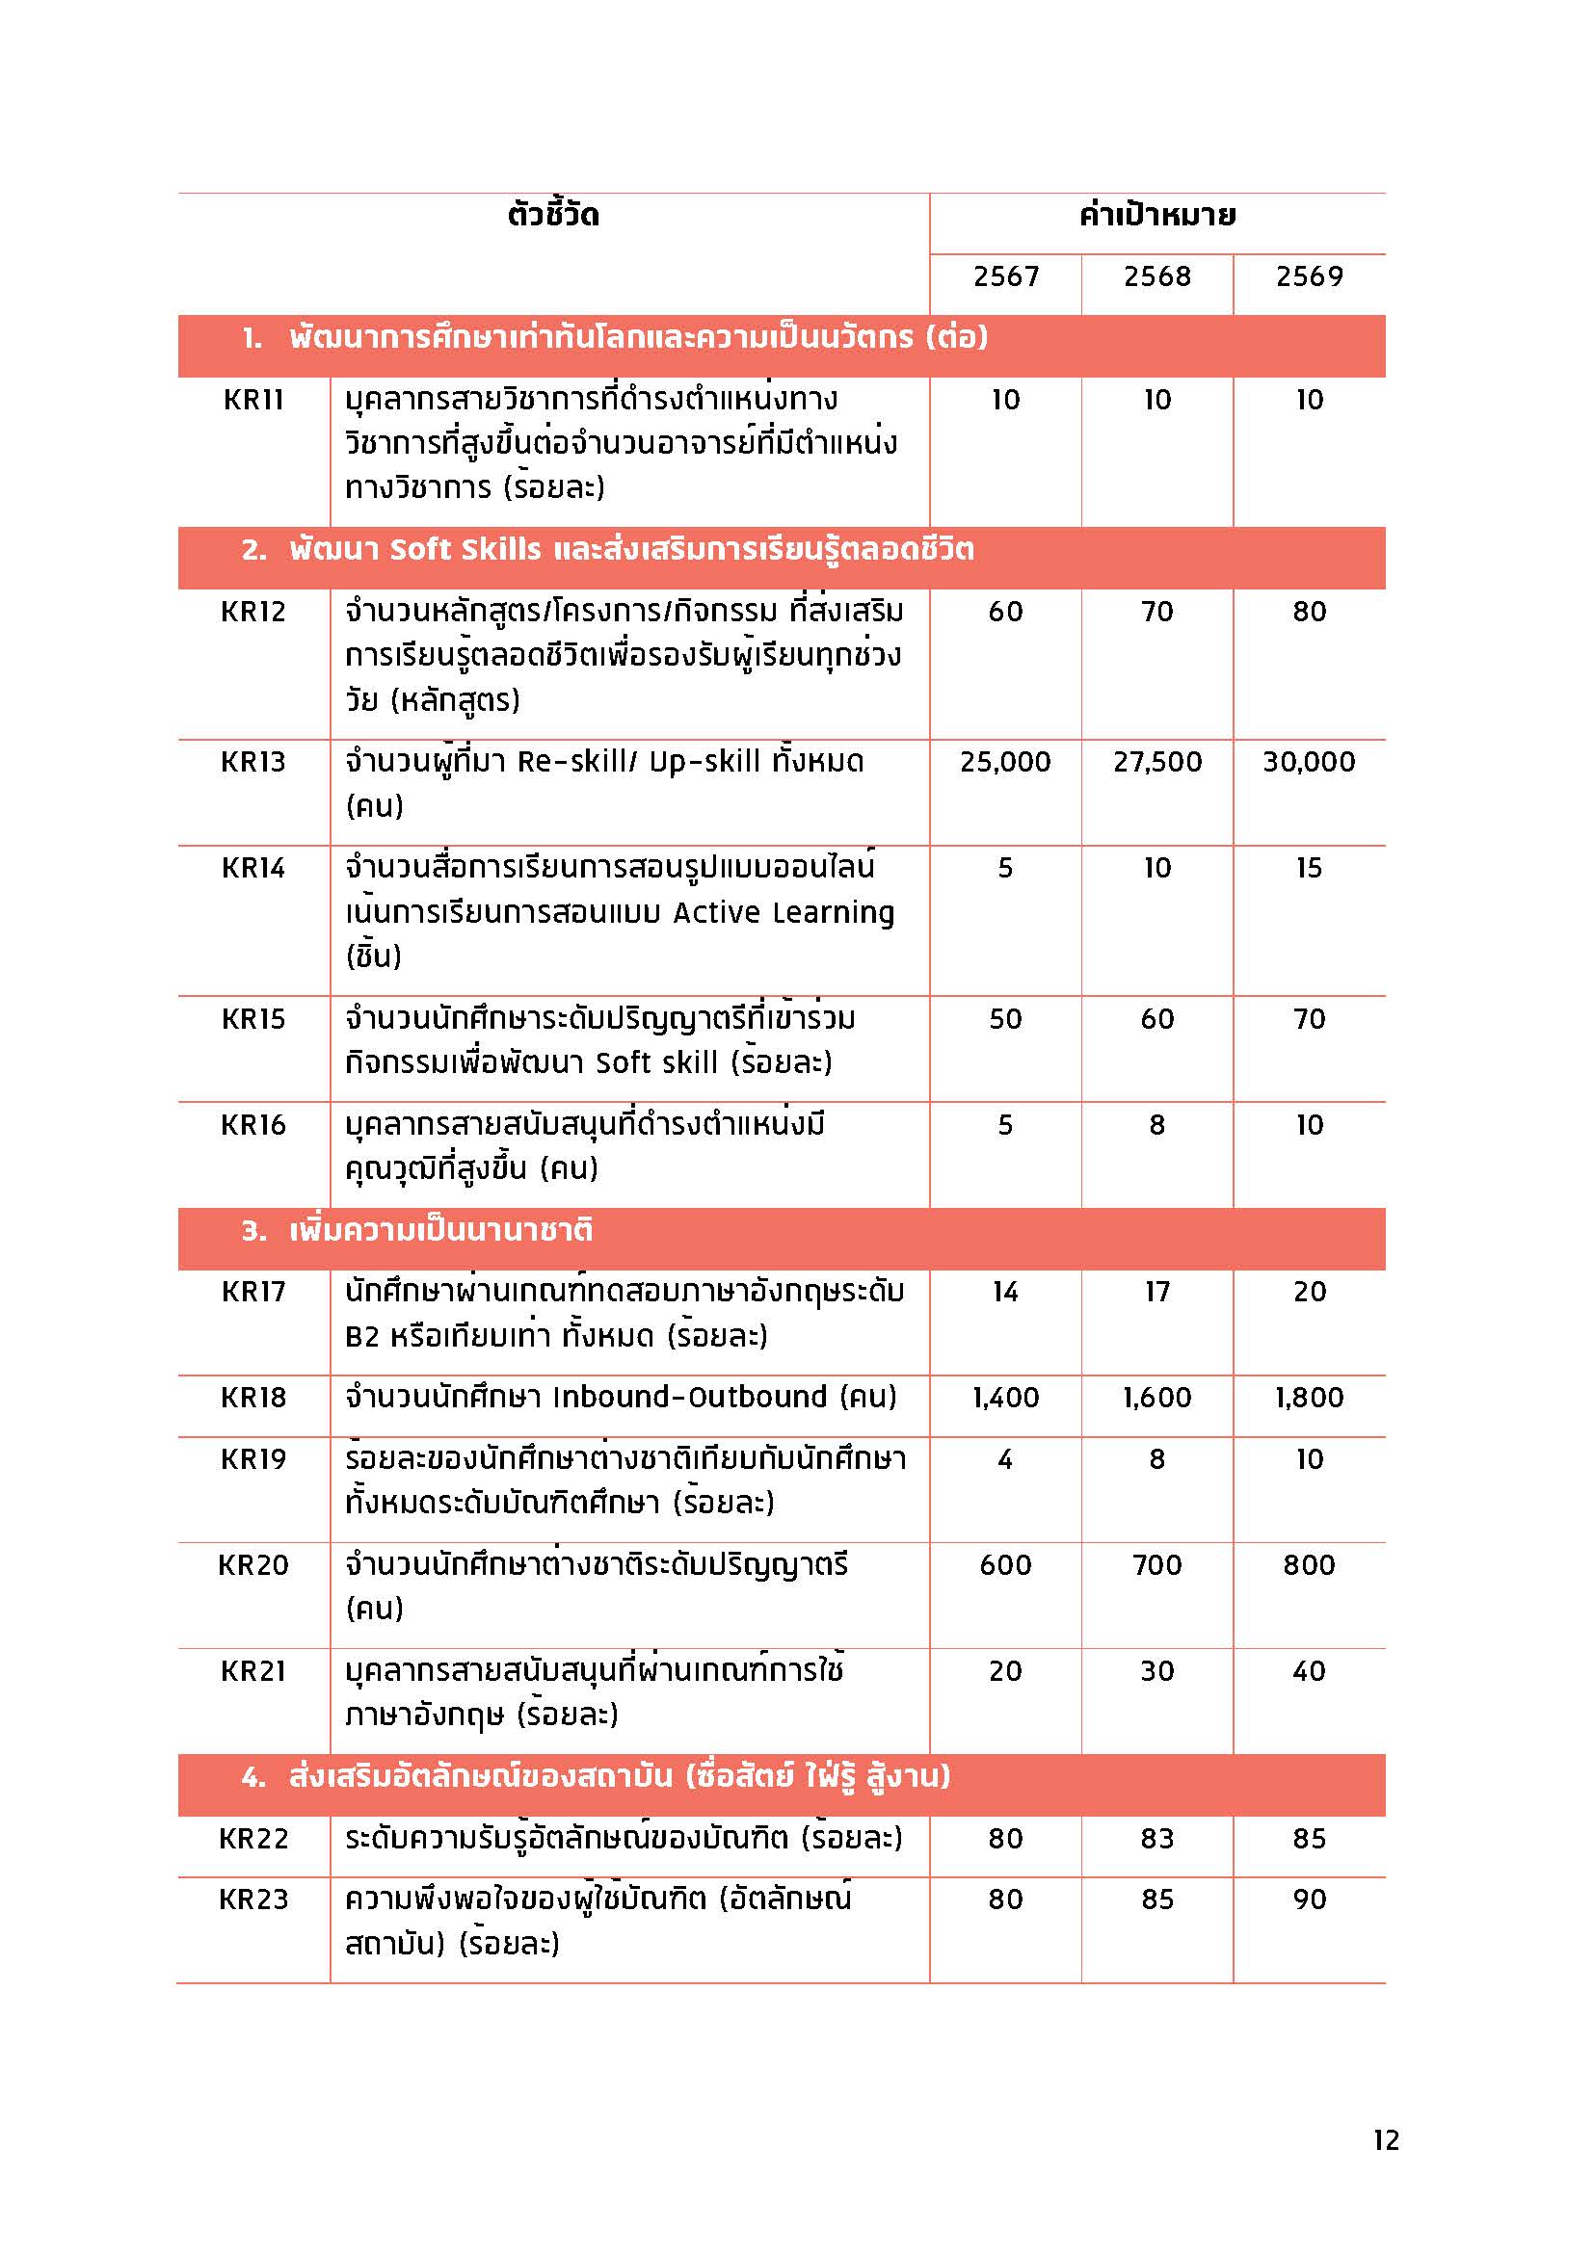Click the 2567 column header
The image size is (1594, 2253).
pos(1005,276)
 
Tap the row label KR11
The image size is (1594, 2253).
pos(253,401)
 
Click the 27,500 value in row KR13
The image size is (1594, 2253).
pos(1157,763)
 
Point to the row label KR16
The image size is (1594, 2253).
pos(253,1125)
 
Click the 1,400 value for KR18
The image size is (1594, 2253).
pos(1005,1398)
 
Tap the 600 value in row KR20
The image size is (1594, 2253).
pos(1005,1565)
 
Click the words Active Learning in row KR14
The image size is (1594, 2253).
pos(784,912)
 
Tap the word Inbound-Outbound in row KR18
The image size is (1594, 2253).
pos(690,1398)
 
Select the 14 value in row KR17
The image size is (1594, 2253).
pos(1005,1292)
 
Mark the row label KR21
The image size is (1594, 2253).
pos(253,1671)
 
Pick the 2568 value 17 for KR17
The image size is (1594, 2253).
pos(1157,1292)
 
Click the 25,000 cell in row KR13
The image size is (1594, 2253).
pos(1005,763)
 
